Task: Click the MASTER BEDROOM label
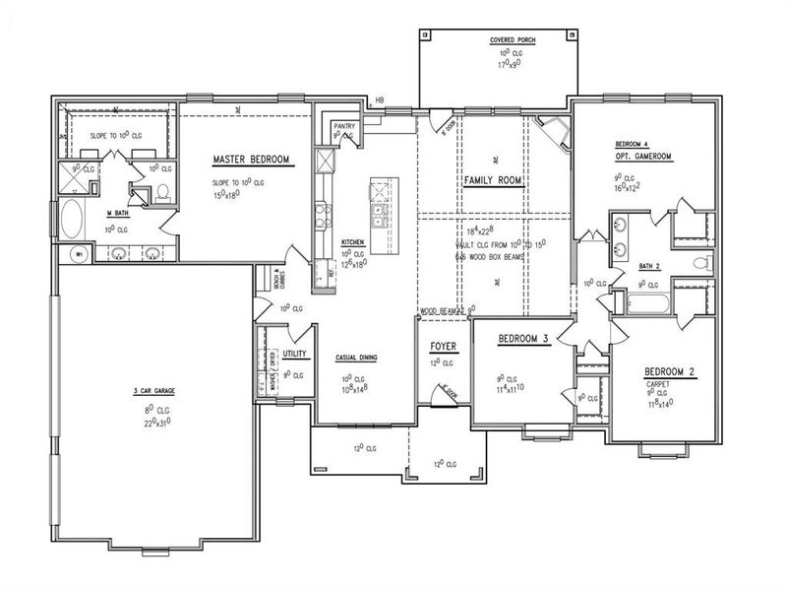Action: [251, 160]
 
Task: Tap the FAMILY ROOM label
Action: [493, 180]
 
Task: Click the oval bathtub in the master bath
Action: [73, 219]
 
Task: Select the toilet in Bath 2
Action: [699, 263]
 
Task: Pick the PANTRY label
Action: [343, 126]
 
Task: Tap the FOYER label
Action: [442, 347]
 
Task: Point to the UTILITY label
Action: [295, 353]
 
